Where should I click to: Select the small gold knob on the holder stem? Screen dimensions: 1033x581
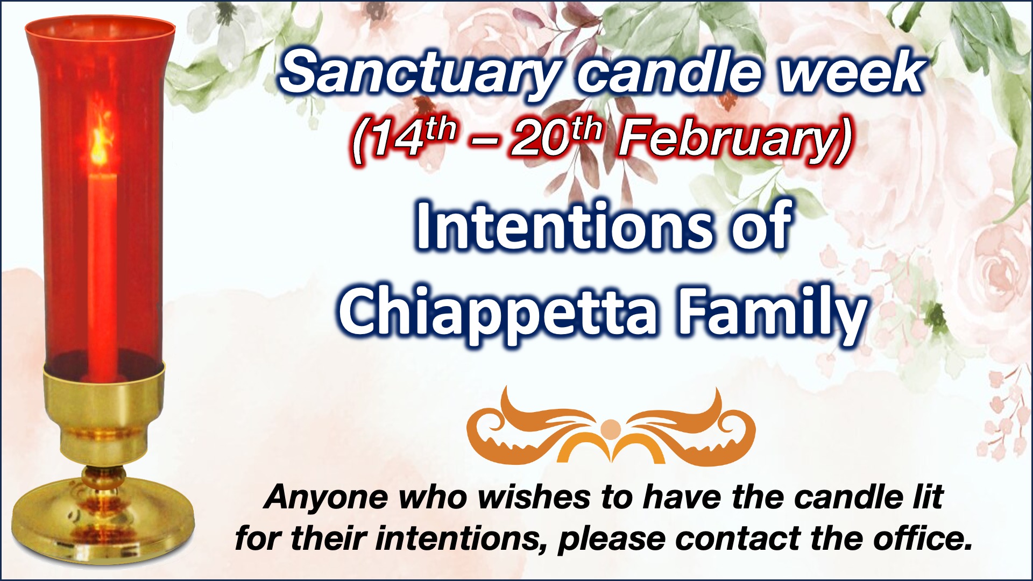[102, 476]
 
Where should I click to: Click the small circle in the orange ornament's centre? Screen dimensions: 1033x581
[610, 429]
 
